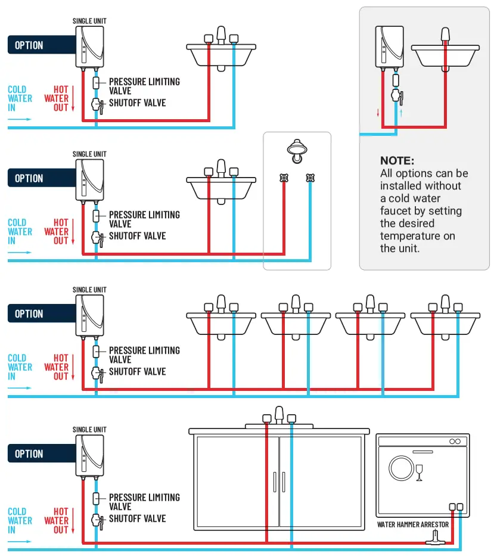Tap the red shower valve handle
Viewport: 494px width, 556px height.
coord(284,178)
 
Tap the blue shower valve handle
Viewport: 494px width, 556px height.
coord(310,178)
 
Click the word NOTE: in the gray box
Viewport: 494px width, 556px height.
coord(397,161)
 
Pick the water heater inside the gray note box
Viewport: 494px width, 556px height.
coord(387,48)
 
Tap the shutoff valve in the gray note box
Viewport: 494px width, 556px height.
coord(395,97)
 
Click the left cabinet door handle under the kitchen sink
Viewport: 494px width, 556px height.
coord(275,482)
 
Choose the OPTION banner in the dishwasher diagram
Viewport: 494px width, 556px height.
coord(34,454)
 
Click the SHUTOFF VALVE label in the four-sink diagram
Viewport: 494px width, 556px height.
coord(137,372)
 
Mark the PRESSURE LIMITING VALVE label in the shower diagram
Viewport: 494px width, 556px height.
coord(144,219)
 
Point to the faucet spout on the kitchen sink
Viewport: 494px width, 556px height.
coord(279,415)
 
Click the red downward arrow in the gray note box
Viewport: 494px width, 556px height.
coord(378,113)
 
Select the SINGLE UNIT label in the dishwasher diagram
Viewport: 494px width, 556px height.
coord(89,430)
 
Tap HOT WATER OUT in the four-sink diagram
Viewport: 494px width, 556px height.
coord(57,367)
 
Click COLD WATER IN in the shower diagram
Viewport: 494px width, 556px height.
coord(20,232)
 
